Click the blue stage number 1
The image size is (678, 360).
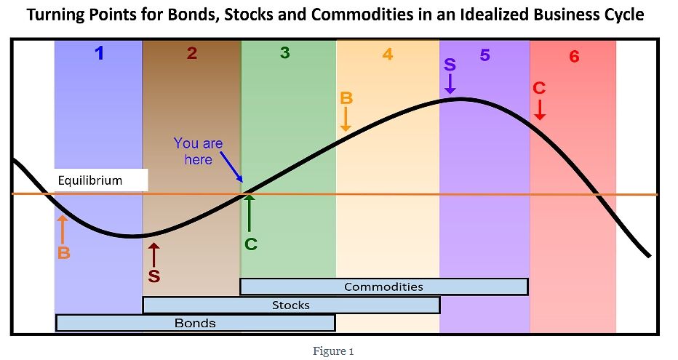pos(100,53)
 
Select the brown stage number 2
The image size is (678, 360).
pos(192,53)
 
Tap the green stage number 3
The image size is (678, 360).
pos(284,52)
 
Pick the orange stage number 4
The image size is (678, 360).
pos(388,54)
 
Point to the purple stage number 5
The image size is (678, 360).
pos(484,55)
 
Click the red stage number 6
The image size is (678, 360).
pos(574,57)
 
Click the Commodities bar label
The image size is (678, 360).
pos(383,287)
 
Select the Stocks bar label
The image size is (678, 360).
pos(290,305)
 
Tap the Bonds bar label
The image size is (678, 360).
pos(195,323)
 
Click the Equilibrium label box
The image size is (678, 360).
pos(101,180)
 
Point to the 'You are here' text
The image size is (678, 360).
pos(198,151)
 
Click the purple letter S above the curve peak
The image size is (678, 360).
pos(450,65)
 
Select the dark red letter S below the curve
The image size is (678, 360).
pos(154,276)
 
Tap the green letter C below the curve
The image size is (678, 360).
pos(251,244)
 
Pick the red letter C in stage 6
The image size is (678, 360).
pos(539,88)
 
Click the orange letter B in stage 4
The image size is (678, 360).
pos(346,98)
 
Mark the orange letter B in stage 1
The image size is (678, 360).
pos(63,252)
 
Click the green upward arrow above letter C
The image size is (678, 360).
pos(249,213)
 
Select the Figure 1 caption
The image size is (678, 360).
pos(333,351)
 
